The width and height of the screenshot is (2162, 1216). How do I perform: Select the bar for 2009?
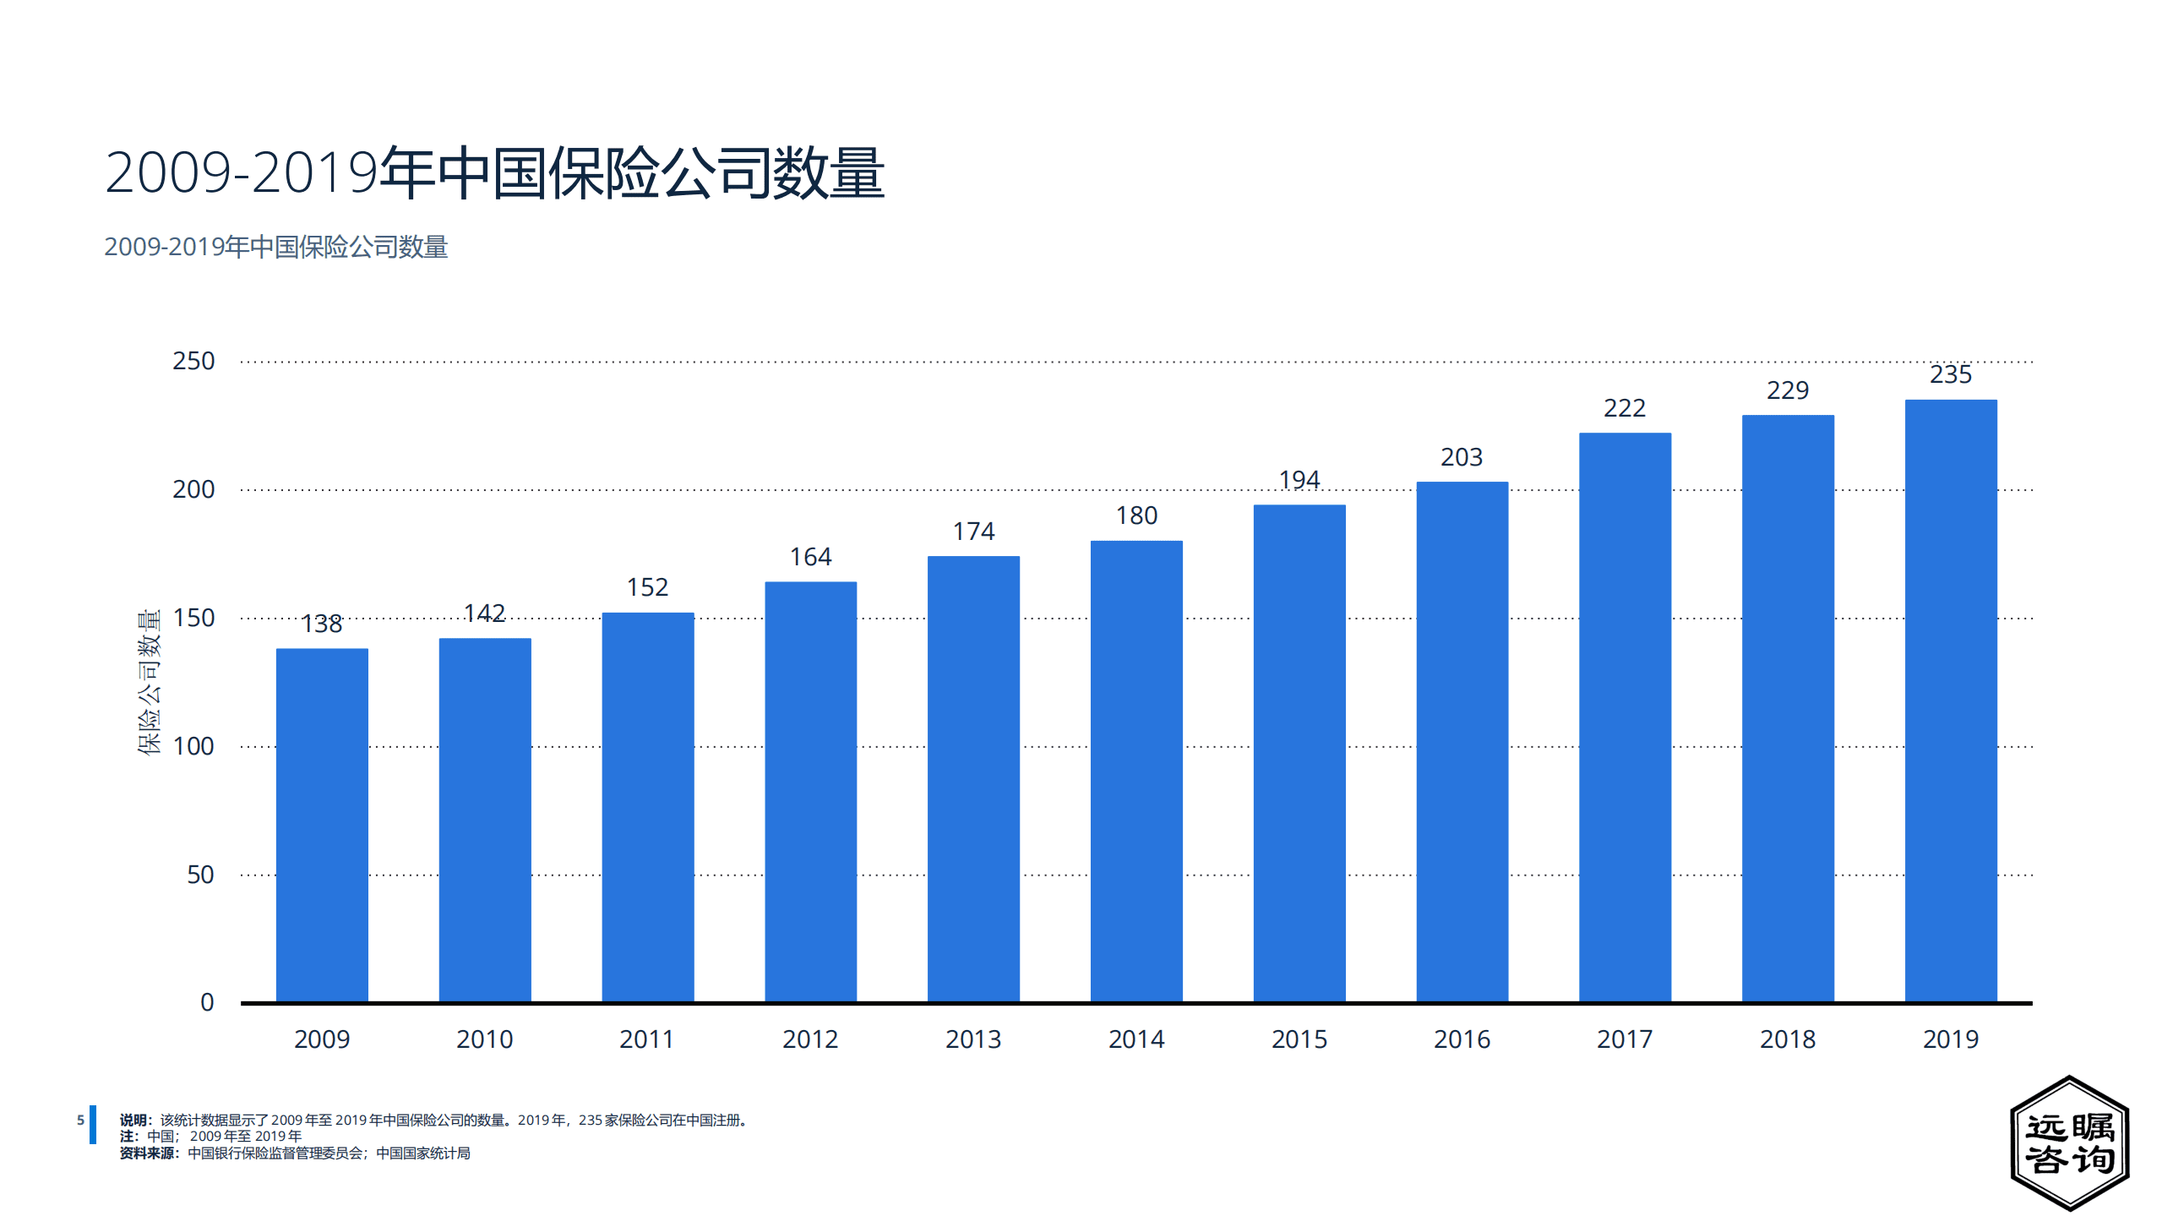click(322, 825)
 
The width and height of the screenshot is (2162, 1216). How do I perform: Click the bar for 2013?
click(973, 778)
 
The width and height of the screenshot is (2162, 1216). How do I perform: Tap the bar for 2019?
click(1951, 701)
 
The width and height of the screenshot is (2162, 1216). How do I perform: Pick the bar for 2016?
click(1462, 741)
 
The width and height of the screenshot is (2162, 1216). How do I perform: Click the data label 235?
click(1951, 374)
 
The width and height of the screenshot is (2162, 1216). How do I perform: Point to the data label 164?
click(810, 557)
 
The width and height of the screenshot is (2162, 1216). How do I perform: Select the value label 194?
click(1299, 480)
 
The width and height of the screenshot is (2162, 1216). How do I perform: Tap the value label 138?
click(322, 624)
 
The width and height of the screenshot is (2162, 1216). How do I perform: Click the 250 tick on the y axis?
click(193, 361)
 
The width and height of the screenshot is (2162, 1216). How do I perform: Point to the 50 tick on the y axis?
click(200, 875)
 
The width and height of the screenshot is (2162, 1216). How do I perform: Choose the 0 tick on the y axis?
click(207, 1002)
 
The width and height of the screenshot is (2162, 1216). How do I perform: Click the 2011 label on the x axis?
click(647, 1039)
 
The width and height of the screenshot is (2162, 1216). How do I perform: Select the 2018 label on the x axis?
click(1788, 1039)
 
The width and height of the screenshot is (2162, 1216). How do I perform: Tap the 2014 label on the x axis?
click(1136, 1039)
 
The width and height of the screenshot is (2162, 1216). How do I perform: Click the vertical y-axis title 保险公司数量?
click(149, 681)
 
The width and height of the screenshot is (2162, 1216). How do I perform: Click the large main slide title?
click(494, 172)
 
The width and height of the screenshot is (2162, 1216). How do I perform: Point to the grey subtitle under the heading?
click(275, 247)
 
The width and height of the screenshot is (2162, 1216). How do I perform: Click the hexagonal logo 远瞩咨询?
click(2069, 1142)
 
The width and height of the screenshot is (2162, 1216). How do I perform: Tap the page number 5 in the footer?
click(80, 1120)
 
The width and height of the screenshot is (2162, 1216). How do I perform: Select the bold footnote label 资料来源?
click(147, 1153)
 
